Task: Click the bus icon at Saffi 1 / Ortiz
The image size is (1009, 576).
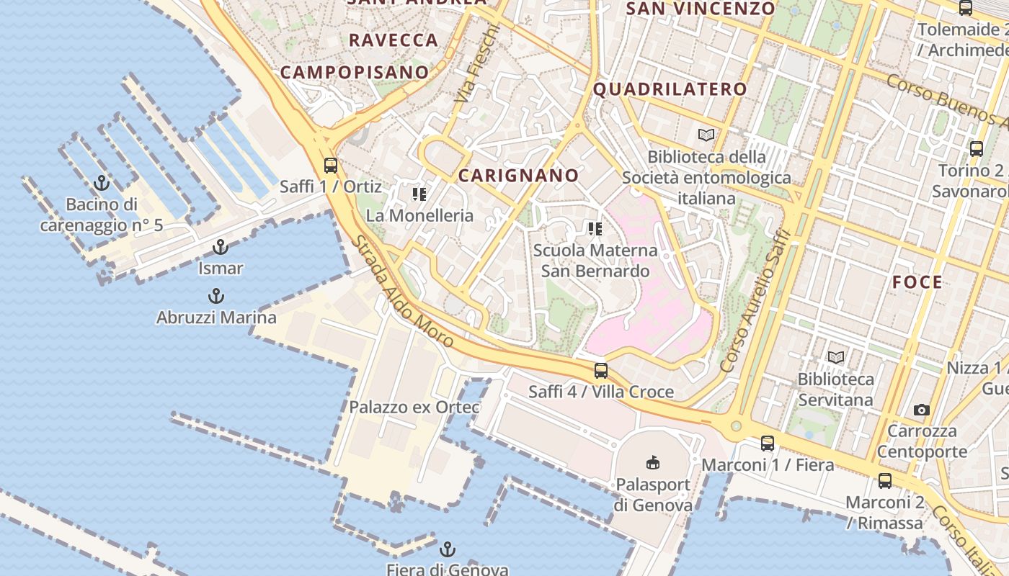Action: click(331, 165)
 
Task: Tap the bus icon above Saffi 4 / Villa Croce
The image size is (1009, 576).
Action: click(600, 371)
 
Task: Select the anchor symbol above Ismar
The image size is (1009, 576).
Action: click(221, 248)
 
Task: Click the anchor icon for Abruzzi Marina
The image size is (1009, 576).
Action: click(215, 296)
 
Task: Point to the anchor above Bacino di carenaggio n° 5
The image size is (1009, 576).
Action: click(102, 183)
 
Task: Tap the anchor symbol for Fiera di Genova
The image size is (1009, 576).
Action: click(448, 549)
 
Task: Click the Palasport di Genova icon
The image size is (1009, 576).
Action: click(653, 462)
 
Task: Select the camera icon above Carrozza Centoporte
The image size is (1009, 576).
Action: click(921, 410)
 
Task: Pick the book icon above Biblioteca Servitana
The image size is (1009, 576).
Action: click(836, 357)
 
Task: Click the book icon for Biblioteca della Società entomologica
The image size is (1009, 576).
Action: click(706, 135)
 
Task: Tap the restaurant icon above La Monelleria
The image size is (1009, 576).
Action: click(419, 194)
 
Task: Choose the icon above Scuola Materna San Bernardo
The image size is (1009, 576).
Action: click(595, 229)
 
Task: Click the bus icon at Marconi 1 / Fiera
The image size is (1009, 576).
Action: click(768, 444)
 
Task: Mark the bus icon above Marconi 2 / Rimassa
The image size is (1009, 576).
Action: click(884, 481)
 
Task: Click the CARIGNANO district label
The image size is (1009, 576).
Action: click(519, 175)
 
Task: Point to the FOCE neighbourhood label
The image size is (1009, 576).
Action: click(917, 282)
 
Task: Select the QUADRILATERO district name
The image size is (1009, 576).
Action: click(670, 89)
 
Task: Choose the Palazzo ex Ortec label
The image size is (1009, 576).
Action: click(414, 407)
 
